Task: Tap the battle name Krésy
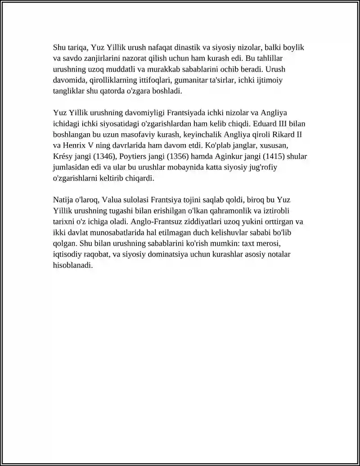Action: pos(64,156)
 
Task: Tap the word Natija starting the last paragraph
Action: pos(63,199)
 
